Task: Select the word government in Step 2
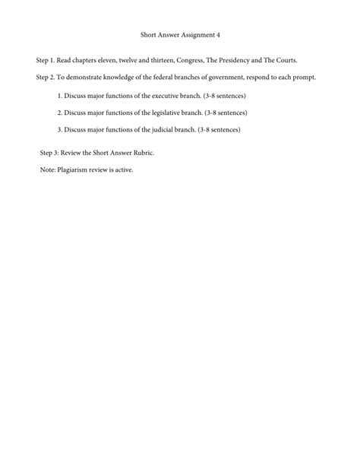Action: (229, 78)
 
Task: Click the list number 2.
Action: (60, 113)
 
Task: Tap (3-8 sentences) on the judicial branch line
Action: (219, 129)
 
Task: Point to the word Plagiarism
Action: (73, 170)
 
